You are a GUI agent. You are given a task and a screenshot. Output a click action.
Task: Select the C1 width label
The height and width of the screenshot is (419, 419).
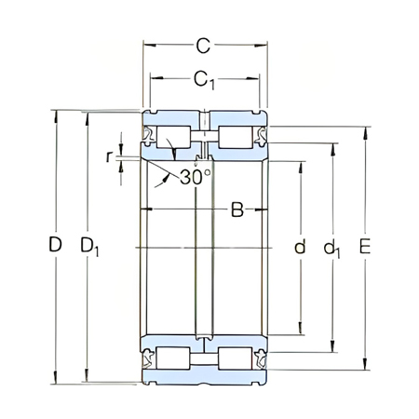tap(207, 81)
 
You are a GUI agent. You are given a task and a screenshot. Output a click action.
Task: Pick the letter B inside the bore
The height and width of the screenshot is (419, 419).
tap(237, 210)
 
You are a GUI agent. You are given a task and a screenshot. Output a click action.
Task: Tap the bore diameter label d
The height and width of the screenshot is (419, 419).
tap(299, 247)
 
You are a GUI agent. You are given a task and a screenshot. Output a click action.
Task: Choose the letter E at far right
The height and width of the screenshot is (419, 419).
tap(365, 247)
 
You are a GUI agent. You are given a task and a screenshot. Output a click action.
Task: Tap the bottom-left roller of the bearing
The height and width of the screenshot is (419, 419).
tap(174, 358)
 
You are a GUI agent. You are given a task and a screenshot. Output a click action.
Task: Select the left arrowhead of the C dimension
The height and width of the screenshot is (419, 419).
tap(145, 44)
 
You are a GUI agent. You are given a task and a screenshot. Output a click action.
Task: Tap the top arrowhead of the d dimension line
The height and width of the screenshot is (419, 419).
tap(300, 164)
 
